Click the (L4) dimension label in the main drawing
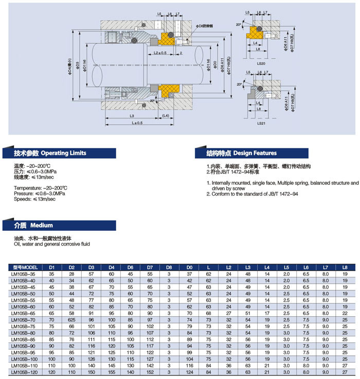coord(166,116)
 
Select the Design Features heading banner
coord(241,153)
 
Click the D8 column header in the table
coord(169,267)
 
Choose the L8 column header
coord(345,267)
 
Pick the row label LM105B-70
coord(25,320)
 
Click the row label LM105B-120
coord(26,372)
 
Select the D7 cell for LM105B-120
coord(150,372)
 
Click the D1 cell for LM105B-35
coord(51,274)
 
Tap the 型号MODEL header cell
coord(25,267)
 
